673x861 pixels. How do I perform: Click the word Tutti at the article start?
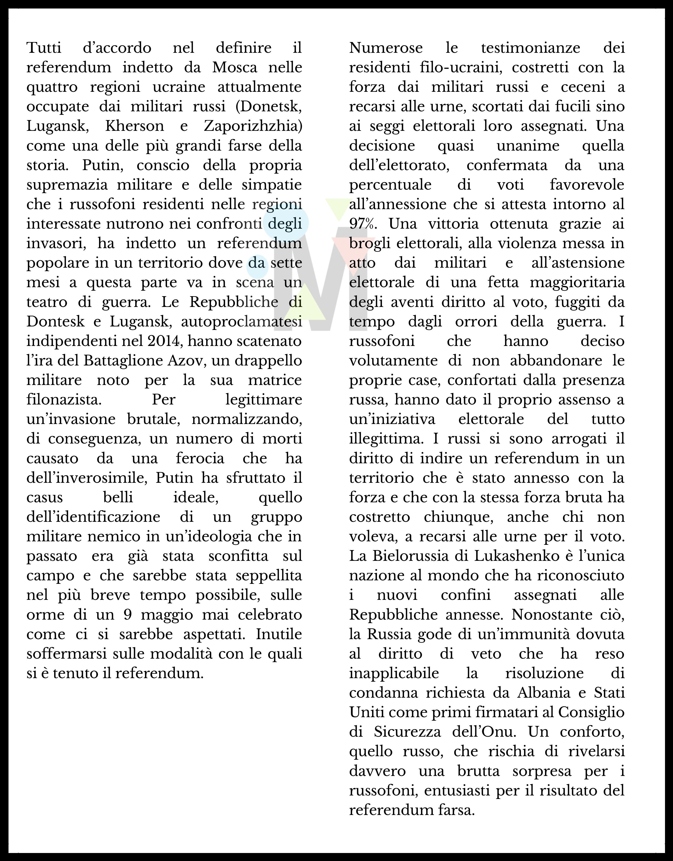click(44, 48)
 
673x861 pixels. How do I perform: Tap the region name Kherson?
click(134, 126)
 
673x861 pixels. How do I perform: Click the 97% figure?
click(363, 224)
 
